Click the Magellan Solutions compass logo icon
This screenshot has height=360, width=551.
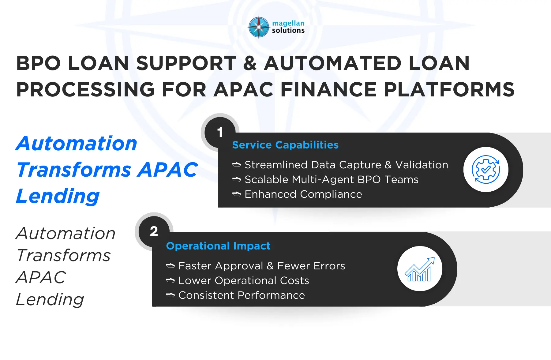tap(259, 27)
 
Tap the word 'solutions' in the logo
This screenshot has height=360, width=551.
tap(288, 30)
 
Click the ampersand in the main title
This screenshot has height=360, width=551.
tap(250, 63)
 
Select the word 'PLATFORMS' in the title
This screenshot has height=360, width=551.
tap(449, 90)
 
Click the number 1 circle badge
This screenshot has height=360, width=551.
tap(220, 132)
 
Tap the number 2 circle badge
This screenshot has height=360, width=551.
tap(154, 231)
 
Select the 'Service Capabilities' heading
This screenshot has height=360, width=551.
tap(285, 145)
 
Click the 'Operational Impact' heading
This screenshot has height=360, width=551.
tap(218, 246)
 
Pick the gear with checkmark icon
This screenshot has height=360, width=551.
tap(486, 170)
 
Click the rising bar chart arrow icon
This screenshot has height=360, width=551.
tap(420, 269)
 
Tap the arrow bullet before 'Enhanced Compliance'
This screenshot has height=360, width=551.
tap(237, 194)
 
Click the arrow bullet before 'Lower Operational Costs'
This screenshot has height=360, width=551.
tap(171, 280)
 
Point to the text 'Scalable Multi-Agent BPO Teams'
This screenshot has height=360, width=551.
tap(331, 179)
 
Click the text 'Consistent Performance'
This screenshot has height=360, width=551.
tap(242, 295)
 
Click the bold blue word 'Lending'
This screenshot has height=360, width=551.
tap(58, 196)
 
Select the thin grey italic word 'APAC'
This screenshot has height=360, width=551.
tap(41, 277)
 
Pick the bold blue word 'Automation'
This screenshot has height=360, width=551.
tap(76, 144)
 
